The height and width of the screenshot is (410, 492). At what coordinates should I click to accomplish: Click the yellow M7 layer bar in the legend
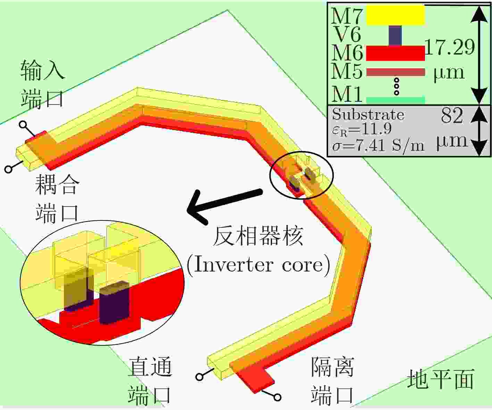tap(395, 15)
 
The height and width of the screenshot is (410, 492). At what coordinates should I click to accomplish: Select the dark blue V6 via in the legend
tap(395, 35)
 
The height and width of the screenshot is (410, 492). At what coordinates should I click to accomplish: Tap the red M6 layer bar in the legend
tap(395, 53)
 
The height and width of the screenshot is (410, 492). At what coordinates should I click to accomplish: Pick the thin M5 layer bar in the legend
tap(395, 72)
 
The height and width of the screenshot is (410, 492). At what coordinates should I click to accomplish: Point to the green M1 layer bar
tap(395, 100)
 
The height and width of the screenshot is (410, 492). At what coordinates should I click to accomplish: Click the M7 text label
tap(346, 16)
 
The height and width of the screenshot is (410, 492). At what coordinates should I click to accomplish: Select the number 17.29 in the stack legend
tap(450, 47)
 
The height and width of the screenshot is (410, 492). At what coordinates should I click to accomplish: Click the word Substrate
tap(368, 115)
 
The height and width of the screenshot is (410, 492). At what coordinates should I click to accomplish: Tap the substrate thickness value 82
tap(452, 116)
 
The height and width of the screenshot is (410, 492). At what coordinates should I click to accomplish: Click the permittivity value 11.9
tap(376, 129)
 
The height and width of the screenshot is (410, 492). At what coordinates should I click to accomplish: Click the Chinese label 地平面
tap(441, 379)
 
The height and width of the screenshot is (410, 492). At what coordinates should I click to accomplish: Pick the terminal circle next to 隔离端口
tap(277, 398)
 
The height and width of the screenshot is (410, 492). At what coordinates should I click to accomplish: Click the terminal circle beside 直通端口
tap(199, 377)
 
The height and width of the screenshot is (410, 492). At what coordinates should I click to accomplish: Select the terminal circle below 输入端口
tap(23, 124)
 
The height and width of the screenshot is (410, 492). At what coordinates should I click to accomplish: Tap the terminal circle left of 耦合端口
tap(8, 169)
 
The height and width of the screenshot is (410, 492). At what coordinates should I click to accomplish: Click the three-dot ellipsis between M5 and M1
tap(397, 86)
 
